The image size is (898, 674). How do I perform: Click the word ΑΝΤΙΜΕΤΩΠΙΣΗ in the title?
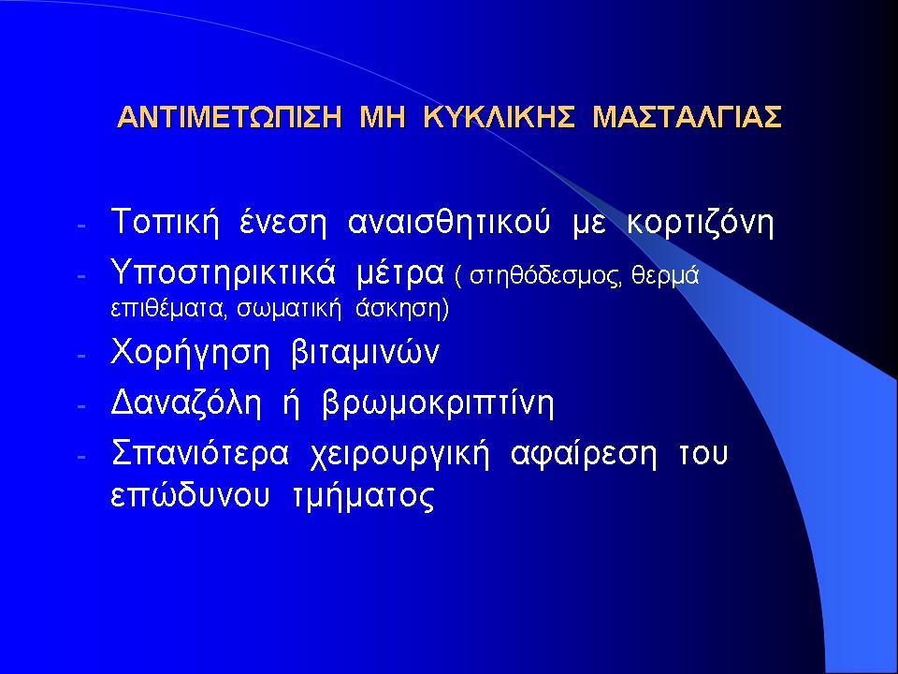[x=230, y=117]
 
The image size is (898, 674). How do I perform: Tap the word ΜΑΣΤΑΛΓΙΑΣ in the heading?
[x=687, y=117]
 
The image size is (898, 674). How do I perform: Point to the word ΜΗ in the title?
[x=383, y=117]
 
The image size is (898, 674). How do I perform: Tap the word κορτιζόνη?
[x=701, y=223]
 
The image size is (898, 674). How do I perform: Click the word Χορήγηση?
[x=190, y=353]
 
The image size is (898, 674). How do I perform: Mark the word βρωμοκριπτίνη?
[x=438, y=404]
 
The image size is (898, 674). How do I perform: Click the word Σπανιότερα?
[x=200, y=453]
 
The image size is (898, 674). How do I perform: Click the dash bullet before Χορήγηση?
[x=81, y=356]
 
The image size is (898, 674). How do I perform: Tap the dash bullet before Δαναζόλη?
[x=81, y=405]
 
